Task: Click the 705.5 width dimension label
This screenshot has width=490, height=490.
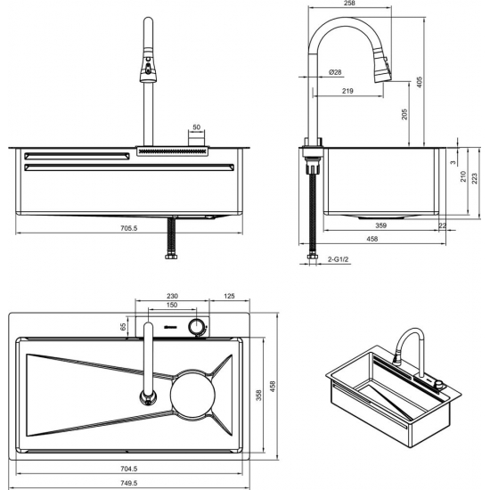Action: coord(129,228)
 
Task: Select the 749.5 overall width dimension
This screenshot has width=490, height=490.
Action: coord(129,483)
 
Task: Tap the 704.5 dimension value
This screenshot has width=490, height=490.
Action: coord(129,469)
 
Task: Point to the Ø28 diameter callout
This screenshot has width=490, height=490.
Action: coord(335,72)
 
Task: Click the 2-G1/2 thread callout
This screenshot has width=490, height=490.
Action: coord(338,259)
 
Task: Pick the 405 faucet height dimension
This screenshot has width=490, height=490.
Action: coord(420,82)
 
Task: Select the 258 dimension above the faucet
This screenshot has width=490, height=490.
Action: coord(349,4)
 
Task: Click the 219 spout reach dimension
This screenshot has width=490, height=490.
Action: coord(347,91)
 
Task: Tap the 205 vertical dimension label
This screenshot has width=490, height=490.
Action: coord(404,114)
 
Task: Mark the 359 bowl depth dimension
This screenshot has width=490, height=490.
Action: coord(381,225)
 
